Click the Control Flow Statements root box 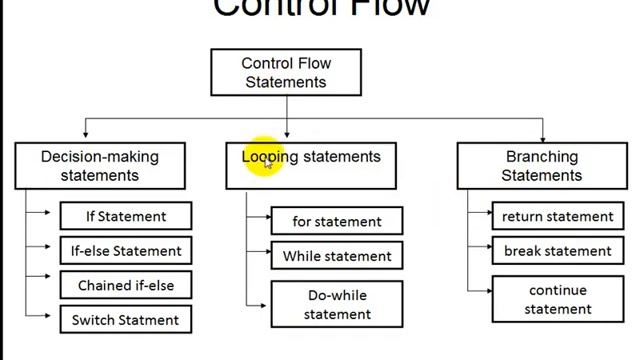286,72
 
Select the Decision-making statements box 99,166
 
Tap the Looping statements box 311,165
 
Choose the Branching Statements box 541,166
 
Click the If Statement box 125,216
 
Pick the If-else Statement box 125,250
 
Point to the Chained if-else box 125,285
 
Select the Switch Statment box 125,320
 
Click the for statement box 336,221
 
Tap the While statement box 336,256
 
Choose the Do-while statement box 336,304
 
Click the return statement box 557,216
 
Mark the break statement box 557,250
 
